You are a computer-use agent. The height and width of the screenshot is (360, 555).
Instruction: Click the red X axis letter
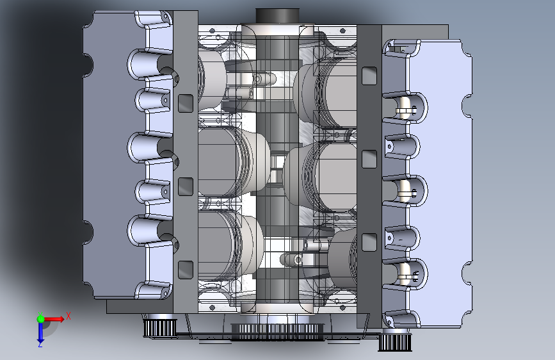pyautogui.click(x=68, y=316)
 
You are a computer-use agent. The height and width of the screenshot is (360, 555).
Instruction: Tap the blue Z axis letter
pyautogui.click(x=40, y=344)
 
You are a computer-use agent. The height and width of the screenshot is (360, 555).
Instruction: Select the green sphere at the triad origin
pyautogui.click(x=41, y=319)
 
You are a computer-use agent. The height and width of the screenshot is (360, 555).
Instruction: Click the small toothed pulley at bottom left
pyautogui.click(x=160, y=328)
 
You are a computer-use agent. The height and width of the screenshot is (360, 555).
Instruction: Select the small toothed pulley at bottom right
pyautogui.click(x=395, y=342)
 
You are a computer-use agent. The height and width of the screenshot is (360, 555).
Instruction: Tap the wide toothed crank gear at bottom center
pyautogui.click(x=277, y=332)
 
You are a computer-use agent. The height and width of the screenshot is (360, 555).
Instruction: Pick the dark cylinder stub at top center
pyautogui.click(x=278, y=16)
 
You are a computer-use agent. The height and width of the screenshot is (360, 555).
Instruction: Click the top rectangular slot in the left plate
pyautogui.click(x=186, y=104)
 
